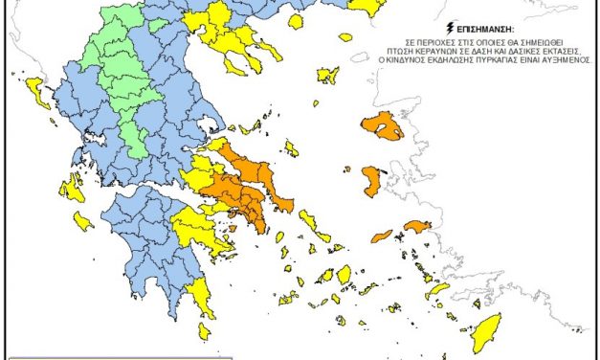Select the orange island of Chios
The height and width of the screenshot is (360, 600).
point(371,181)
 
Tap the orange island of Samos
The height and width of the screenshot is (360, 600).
point(418,227)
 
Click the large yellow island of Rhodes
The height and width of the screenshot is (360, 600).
point(484,338)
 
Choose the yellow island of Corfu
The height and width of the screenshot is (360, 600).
point(37,93)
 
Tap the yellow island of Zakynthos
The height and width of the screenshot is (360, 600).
point(82,221)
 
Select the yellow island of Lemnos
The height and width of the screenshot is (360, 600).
point(327,75)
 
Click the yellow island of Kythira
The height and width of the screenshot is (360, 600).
point(204,330)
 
